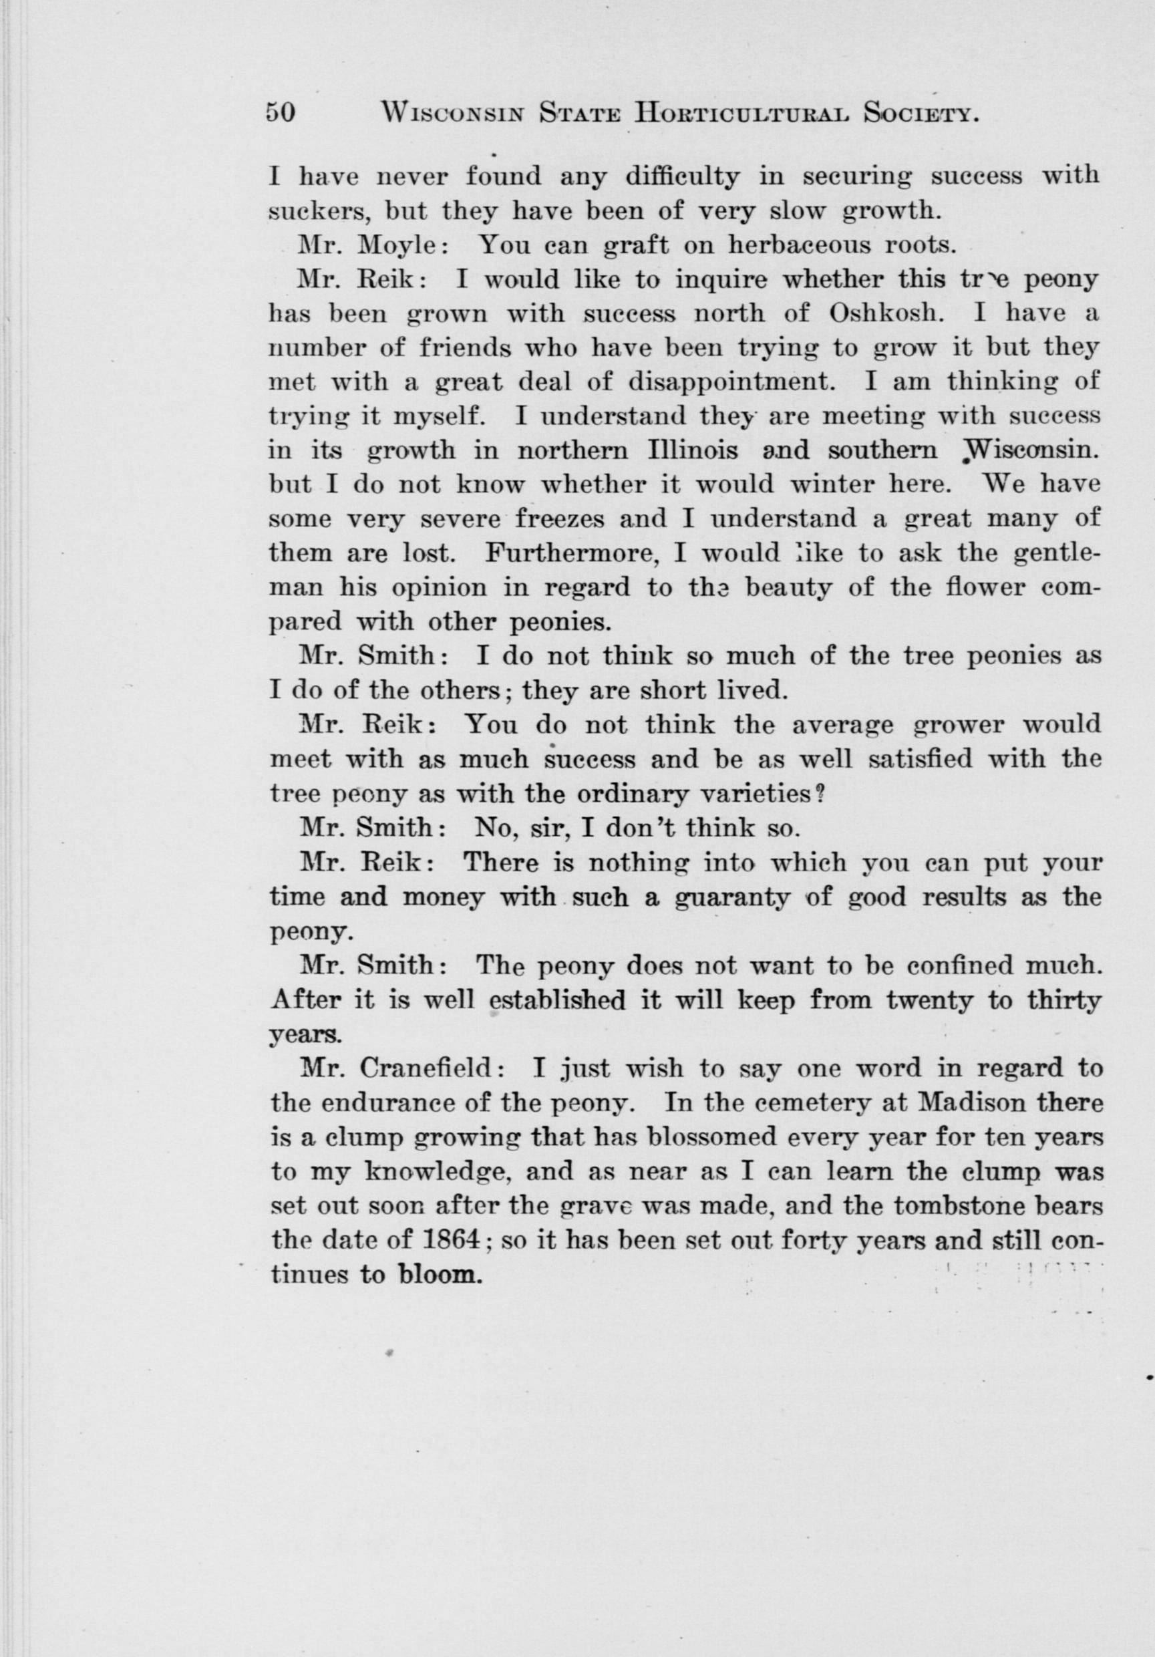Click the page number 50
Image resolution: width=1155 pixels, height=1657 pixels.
point(281,114)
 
